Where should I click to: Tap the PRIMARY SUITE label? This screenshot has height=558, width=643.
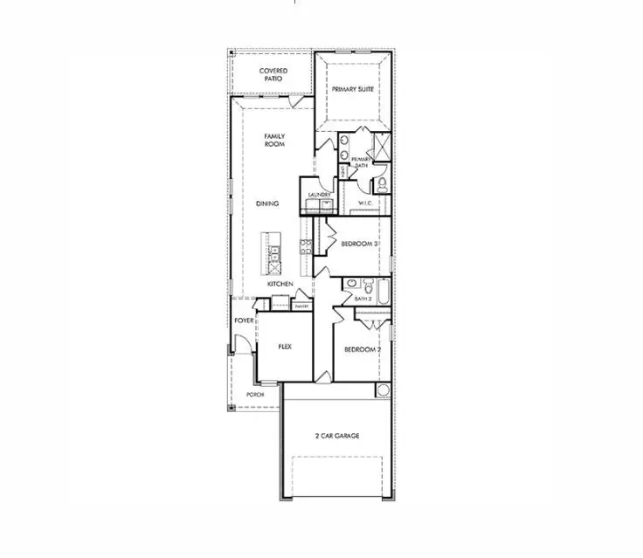coord(354,89)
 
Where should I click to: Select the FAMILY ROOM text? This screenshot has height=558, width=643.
coord(275,140)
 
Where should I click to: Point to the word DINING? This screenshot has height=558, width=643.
coord(267,203)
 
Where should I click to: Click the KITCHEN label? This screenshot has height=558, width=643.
coord(280,285)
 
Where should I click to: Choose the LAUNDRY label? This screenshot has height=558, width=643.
coord(317,195)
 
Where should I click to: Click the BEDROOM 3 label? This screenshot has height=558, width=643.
coord(359,244)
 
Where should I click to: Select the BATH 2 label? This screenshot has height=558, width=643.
coord(363,300)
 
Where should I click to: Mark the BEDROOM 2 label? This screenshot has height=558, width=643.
coord(361,349)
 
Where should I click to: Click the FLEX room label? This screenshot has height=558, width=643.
coord(284,346)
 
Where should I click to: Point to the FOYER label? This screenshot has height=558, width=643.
coord(244,320)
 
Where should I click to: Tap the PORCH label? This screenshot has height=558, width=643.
coord(255,394)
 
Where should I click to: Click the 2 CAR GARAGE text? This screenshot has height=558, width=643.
coord(337,435)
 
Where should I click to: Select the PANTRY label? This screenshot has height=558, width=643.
coord(302,307)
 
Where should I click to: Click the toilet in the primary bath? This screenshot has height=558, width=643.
coord(382,183)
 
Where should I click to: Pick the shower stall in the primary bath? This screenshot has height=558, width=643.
coord(381,145)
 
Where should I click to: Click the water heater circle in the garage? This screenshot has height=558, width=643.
coord(383,389)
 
